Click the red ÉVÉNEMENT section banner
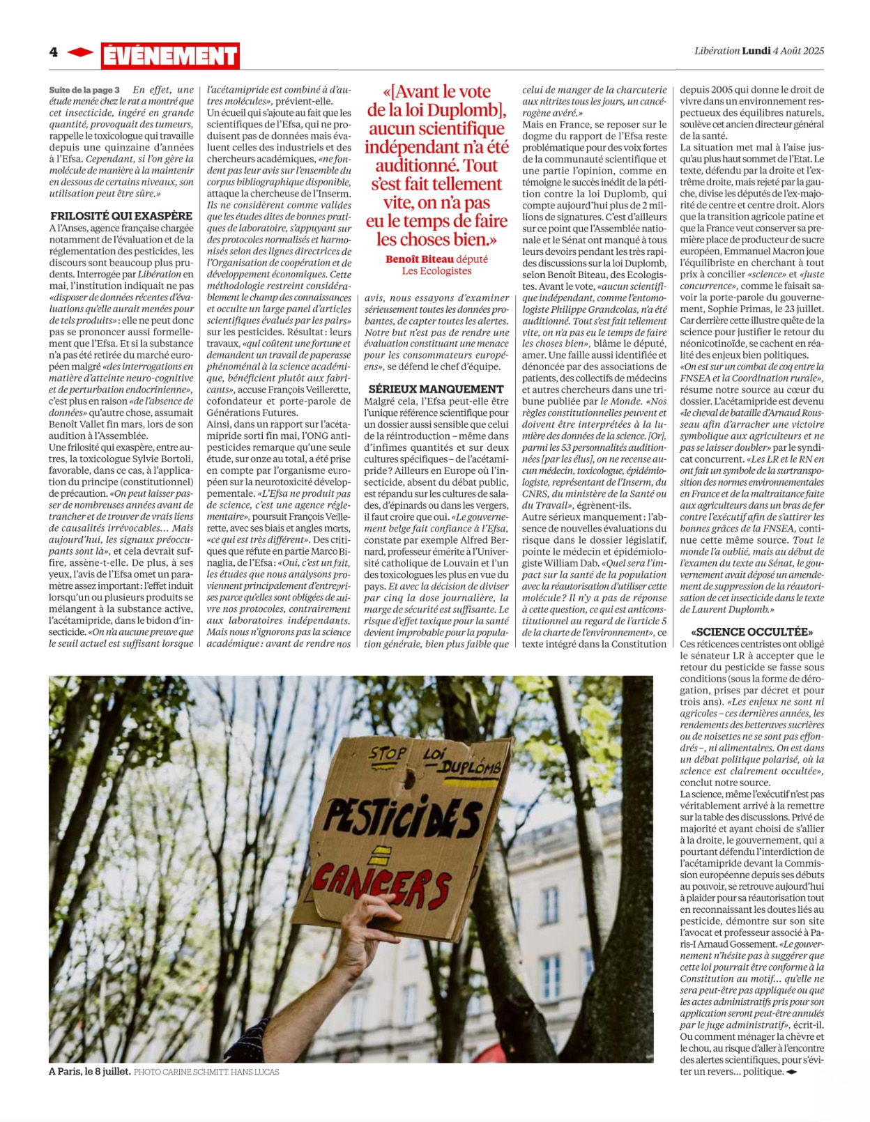tap(170, 56)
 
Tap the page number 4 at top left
tap(54, 52)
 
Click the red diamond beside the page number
tap(80, 52)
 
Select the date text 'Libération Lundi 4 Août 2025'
tap(759, 51)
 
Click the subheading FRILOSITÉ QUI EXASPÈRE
tap(121, 216)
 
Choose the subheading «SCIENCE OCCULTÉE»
tap(751, 631)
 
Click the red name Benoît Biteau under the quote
tap(419, 259)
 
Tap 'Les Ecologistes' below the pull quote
tap(436, 271)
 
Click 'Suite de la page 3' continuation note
tap(84, 90)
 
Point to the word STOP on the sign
tap(388, 754)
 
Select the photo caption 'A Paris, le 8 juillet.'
tap(89, 1072)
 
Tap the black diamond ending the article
tap(791, 1072)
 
